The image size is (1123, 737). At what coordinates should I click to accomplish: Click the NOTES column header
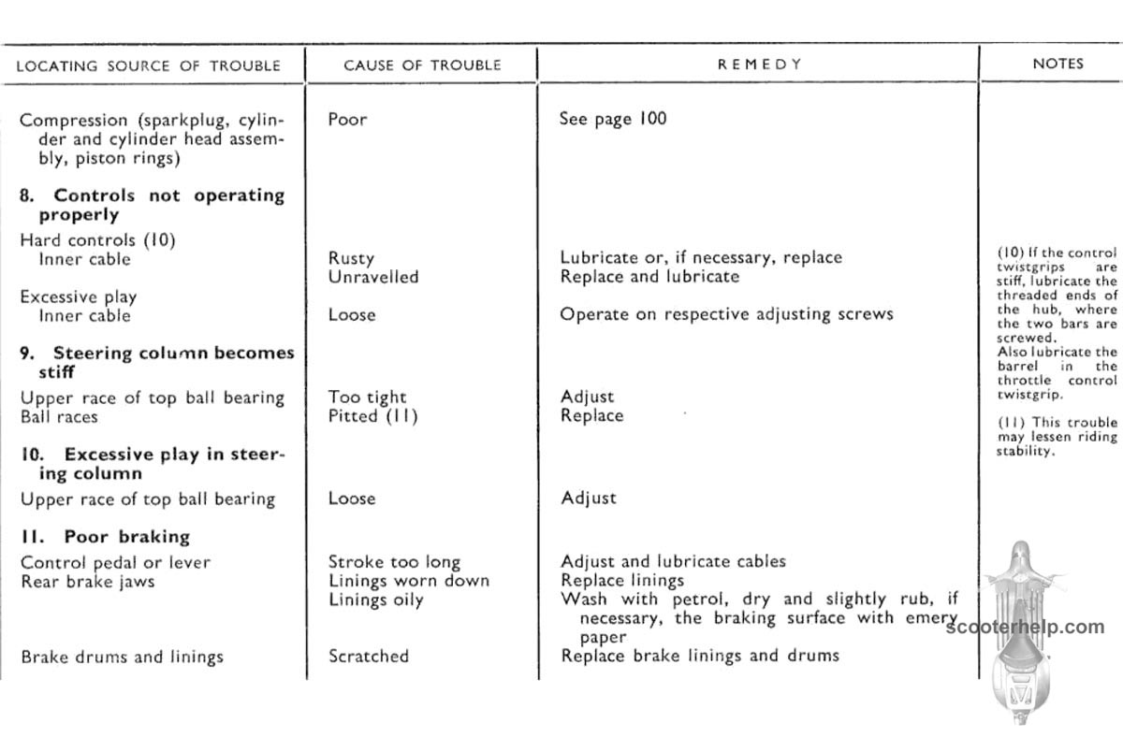(1057, 64)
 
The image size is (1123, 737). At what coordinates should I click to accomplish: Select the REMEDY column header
(760, 64)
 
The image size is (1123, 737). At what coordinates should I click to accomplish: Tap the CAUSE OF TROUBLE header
(422, 65)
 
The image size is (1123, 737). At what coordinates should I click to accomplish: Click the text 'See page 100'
(613, 120)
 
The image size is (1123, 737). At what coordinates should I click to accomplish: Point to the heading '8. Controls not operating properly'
(152, 205)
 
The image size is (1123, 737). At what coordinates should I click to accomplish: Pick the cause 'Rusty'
(351, 258)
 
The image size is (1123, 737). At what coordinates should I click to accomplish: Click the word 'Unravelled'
(373, 277)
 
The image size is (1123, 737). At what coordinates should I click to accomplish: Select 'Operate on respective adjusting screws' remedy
(726, 314)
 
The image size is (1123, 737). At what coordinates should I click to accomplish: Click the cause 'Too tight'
(368, 397)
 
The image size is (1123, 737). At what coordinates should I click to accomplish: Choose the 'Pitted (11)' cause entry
(372, 416)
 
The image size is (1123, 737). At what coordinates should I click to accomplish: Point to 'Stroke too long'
(394, 562)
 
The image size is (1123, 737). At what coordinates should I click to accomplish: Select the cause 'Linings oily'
(375, 600)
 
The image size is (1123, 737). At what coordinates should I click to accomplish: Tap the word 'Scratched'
(369, 656)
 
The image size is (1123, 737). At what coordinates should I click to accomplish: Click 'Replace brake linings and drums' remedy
(700, 656)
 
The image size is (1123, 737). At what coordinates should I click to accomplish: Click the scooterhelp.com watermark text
(1026, 628)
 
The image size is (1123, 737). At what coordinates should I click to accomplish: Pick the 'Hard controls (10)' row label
(97, 240)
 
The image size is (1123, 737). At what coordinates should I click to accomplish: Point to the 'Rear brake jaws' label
(88, 581)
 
